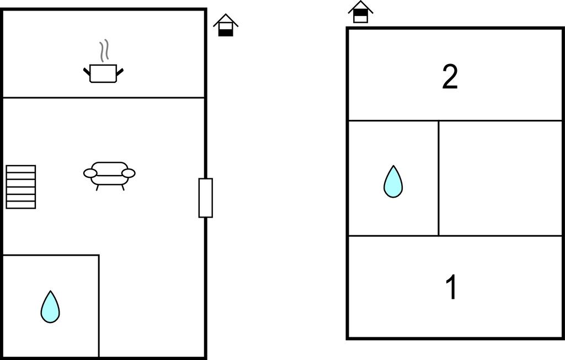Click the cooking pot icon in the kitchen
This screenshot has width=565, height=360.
(x=103, y=73)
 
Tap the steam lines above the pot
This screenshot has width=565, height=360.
(x=104, y=50)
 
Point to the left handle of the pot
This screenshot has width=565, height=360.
(x=87, y=71)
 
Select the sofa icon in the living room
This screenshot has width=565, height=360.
(x=109, y=176)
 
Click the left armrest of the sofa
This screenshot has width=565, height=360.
(x=90, y=173)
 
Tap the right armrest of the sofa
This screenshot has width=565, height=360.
(x=129, y=173)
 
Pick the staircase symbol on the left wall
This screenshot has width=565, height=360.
(x=21, y=187)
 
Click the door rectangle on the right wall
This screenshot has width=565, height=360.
(x=206, y=198)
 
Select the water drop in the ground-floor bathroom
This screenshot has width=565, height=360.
(x=50, y=307)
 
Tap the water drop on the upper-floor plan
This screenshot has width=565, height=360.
(x=393, y=182)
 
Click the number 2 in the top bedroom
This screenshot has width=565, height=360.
(x=450, y=77)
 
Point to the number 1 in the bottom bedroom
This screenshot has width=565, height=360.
(x=452, y=287)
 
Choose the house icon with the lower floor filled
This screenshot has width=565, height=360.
(x=226, y=25)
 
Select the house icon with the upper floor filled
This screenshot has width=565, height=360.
(x=360, y=12)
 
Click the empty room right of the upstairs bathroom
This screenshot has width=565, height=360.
(x=500, y=178)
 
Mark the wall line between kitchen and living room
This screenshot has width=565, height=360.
(x=104, y=97)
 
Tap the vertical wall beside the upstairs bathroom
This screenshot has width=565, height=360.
(x=439, y=178)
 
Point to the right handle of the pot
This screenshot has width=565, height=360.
(x=120, y=71)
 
